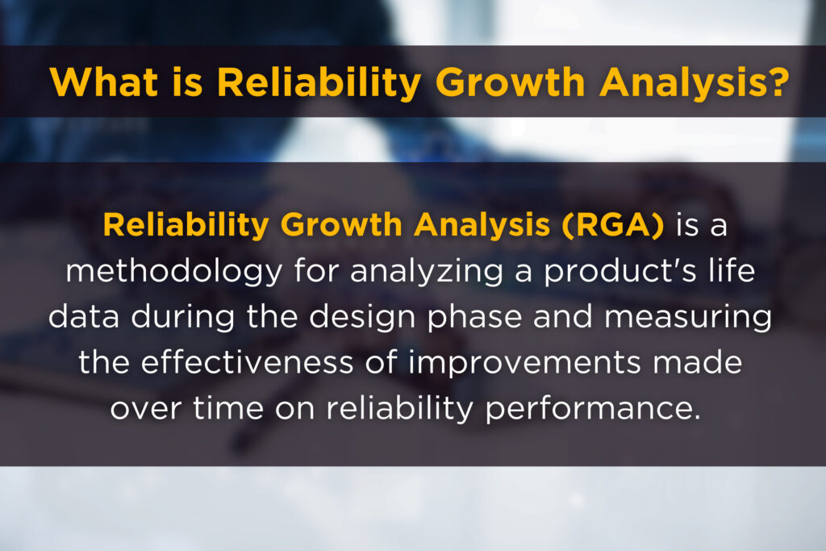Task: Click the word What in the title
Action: click(104, 82)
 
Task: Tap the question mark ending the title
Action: click(778, 81)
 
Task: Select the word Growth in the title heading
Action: click(510, 82)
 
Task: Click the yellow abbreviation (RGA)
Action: click(613, 225)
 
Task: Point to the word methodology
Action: click(174, 272)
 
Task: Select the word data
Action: click(84, 316)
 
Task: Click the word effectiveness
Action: click(247, 362)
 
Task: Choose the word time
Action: click(228, 407)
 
